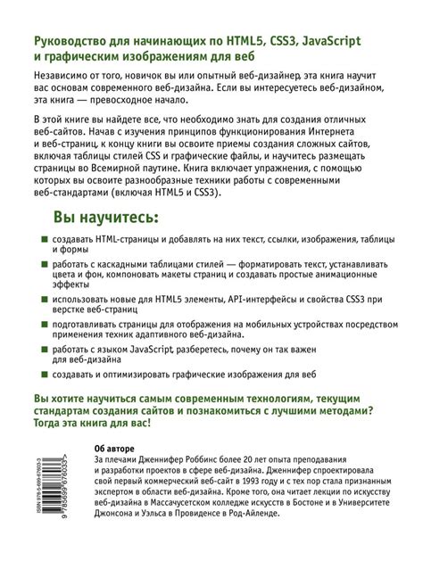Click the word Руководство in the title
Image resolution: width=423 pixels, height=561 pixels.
(x=74, y=42)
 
